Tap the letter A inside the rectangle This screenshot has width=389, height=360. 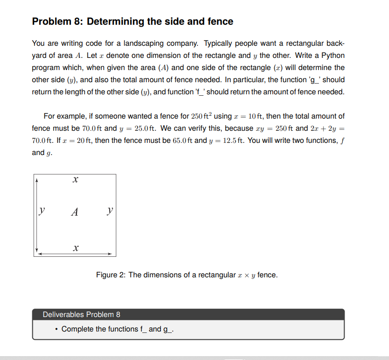tap(74, 212)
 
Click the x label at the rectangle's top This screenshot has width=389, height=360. tap(75, 179)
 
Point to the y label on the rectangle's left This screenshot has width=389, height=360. tap(42, 212)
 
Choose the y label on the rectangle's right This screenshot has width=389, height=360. tap(109, 212)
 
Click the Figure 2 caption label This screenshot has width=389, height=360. tap(110, 275)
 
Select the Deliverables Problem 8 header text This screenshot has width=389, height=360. tap(81, 314)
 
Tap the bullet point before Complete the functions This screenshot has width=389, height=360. tap(56, 329)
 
